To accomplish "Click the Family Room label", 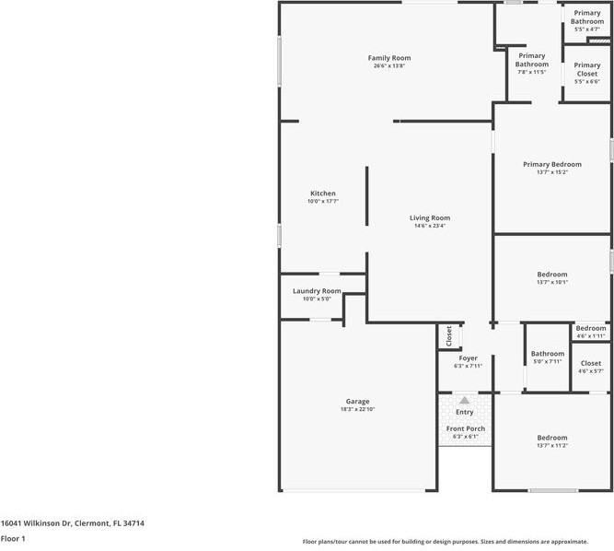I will tap(388, 58).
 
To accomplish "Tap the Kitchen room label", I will tap(323, 193).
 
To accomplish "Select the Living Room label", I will tap(430, 218).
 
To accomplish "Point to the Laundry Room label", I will tap(317, 291).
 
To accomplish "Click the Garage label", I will tap(357, 401).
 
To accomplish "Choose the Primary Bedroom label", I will tap(552, 164).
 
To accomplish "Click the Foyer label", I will tap(468, 358).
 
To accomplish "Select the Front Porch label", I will tap(466, 428).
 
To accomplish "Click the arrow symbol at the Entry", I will tap(465, 401).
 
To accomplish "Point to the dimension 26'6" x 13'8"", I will tap(388, 66).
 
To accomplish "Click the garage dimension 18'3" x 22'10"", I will tap(357, 409).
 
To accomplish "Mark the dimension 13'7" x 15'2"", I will tap(552, 172).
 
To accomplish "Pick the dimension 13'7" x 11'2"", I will tap(552, 446).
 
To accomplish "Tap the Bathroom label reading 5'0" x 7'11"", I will tap(547, 354).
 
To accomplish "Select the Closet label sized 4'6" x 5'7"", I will tap(590, 363).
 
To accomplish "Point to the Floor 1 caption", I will tap(13, 538).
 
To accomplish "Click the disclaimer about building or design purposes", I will tap(458, 542).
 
